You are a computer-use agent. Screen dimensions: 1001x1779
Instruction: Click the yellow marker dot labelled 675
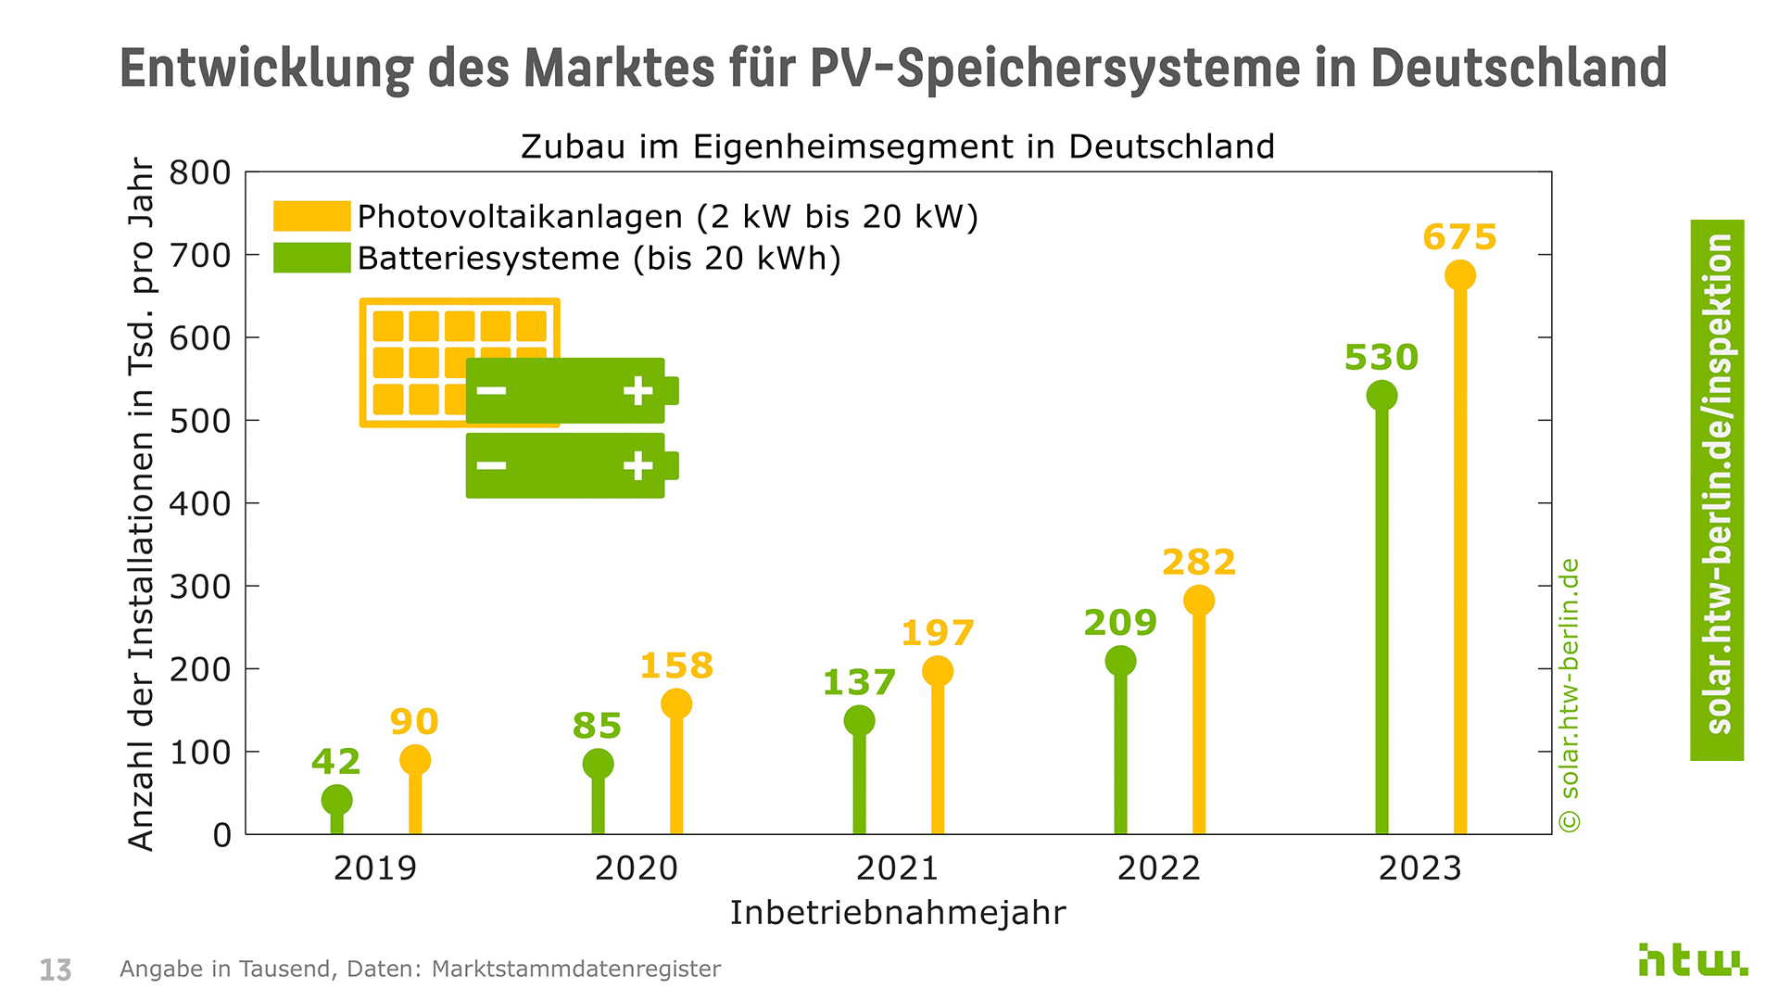1459,275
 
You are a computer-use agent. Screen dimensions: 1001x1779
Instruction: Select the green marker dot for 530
1382,396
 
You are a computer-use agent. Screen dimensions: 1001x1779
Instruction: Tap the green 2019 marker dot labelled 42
336,800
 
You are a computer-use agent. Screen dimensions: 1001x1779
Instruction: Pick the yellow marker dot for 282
1198,601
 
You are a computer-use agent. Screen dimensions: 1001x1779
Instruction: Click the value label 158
676,665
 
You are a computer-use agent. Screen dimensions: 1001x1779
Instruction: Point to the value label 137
859,683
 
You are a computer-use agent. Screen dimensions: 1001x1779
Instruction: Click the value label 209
1120,623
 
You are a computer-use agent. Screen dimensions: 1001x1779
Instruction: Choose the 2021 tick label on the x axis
897,868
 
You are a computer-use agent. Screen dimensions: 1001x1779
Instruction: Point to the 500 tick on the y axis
200,421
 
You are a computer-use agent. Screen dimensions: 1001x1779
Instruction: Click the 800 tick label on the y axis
200,172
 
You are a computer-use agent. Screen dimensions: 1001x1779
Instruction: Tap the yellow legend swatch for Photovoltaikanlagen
311,216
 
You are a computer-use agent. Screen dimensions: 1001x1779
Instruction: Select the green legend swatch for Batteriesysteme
311,258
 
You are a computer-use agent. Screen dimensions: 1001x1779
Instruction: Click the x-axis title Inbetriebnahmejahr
897,913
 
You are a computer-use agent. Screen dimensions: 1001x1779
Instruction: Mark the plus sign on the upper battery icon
637,390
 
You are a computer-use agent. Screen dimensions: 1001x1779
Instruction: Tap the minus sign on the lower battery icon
491,464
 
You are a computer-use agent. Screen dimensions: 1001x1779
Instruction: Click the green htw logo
1692,961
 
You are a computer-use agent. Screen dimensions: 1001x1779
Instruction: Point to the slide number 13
56,970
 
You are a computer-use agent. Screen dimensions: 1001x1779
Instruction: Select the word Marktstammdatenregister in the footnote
575,969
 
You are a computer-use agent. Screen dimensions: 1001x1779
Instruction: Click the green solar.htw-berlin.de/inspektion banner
1717,489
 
